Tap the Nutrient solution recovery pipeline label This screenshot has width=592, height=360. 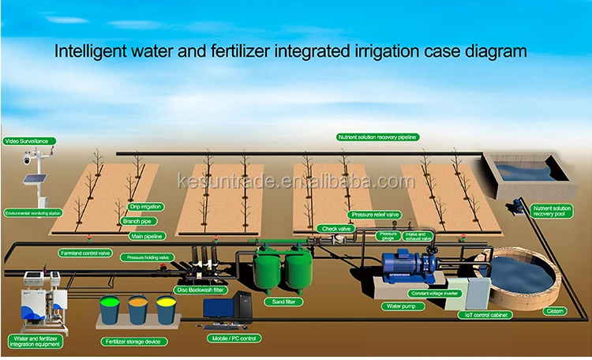[x=377, y=137]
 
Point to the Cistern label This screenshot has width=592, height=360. [x=555, y=311]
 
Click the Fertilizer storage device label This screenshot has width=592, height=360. [x=131, y=342]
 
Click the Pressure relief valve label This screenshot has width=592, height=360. [x=374, y=214]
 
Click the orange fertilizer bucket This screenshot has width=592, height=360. [x=138, y=309]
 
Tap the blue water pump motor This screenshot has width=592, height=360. [x=403, y=268]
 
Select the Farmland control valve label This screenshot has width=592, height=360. [x=84, y=253]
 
